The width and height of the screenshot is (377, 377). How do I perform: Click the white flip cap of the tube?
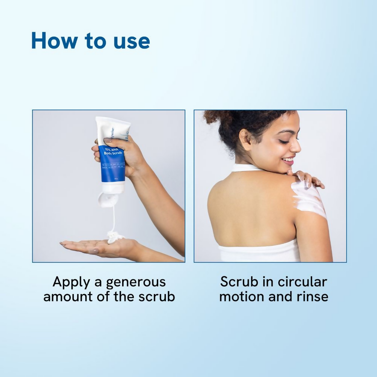point(106,199)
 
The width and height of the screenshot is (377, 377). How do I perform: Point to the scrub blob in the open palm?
point(115,237)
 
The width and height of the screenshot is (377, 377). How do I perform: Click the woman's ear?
point(245,139)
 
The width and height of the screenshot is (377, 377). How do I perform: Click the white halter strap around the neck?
point(245,167)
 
